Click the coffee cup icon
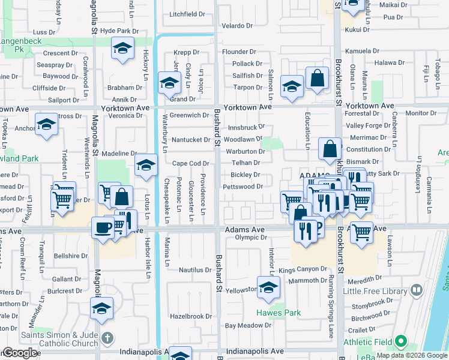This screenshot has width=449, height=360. (x=102, y=228)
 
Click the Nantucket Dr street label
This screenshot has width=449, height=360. (x=190, y=140)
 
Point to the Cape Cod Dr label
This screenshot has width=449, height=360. (x=190, y=163)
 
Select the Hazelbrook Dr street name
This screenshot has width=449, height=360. (x=191, y=316)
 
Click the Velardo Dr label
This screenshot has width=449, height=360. (x=237, y=26)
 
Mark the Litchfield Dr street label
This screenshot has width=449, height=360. (x=187, y=14)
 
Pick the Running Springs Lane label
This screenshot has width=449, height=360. (x=331, y=306)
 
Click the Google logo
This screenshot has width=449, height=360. (x=19, y=353)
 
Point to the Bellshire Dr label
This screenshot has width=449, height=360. (x=71, y=256)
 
